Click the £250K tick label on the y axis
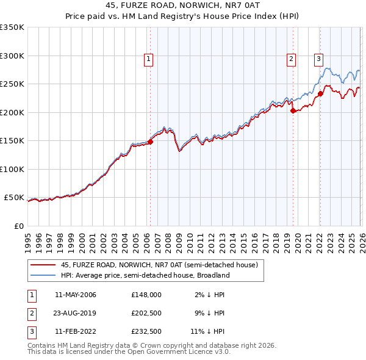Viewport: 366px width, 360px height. pos(12,84)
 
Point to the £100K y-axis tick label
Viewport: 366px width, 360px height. pos(12,169)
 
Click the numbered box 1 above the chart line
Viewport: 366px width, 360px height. pos(149,59)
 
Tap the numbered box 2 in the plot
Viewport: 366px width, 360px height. pos(292,59)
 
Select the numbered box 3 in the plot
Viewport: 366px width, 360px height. pos(318,59)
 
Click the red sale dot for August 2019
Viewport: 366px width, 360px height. pos(293,111)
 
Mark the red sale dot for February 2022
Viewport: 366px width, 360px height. pos(320,94)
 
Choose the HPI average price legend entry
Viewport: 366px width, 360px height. pos(145,275)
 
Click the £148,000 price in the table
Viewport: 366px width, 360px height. pos(146,295)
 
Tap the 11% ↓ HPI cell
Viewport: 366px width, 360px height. pos(207,332)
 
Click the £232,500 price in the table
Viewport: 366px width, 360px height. pos(146,332)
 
